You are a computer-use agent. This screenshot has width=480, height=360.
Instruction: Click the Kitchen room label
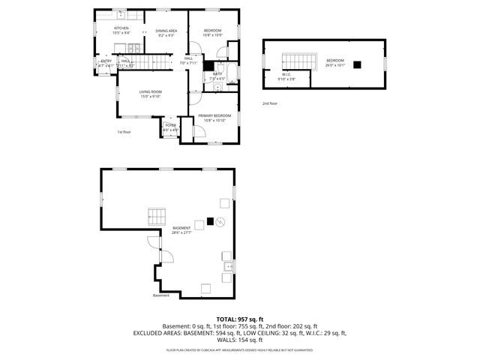121,28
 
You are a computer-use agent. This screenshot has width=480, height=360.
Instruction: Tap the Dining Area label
166,31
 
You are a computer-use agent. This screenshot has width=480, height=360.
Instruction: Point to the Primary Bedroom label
214,115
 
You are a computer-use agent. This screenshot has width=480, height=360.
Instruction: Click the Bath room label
217,74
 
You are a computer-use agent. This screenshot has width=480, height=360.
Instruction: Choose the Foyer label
170,126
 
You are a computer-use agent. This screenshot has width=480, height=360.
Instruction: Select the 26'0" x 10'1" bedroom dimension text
334,65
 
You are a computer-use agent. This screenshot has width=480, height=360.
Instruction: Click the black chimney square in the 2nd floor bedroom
358,64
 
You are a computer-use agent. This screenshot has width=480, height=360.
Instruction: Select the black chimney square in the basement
210,221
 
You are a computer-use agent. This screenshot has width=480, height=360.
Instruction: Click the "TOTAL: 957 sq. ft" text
239,319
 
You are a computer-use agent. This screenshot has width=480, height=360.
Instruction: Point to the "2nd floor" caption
270,103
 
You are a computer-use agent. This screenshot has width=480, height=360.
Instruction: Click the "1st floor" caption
124,132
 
